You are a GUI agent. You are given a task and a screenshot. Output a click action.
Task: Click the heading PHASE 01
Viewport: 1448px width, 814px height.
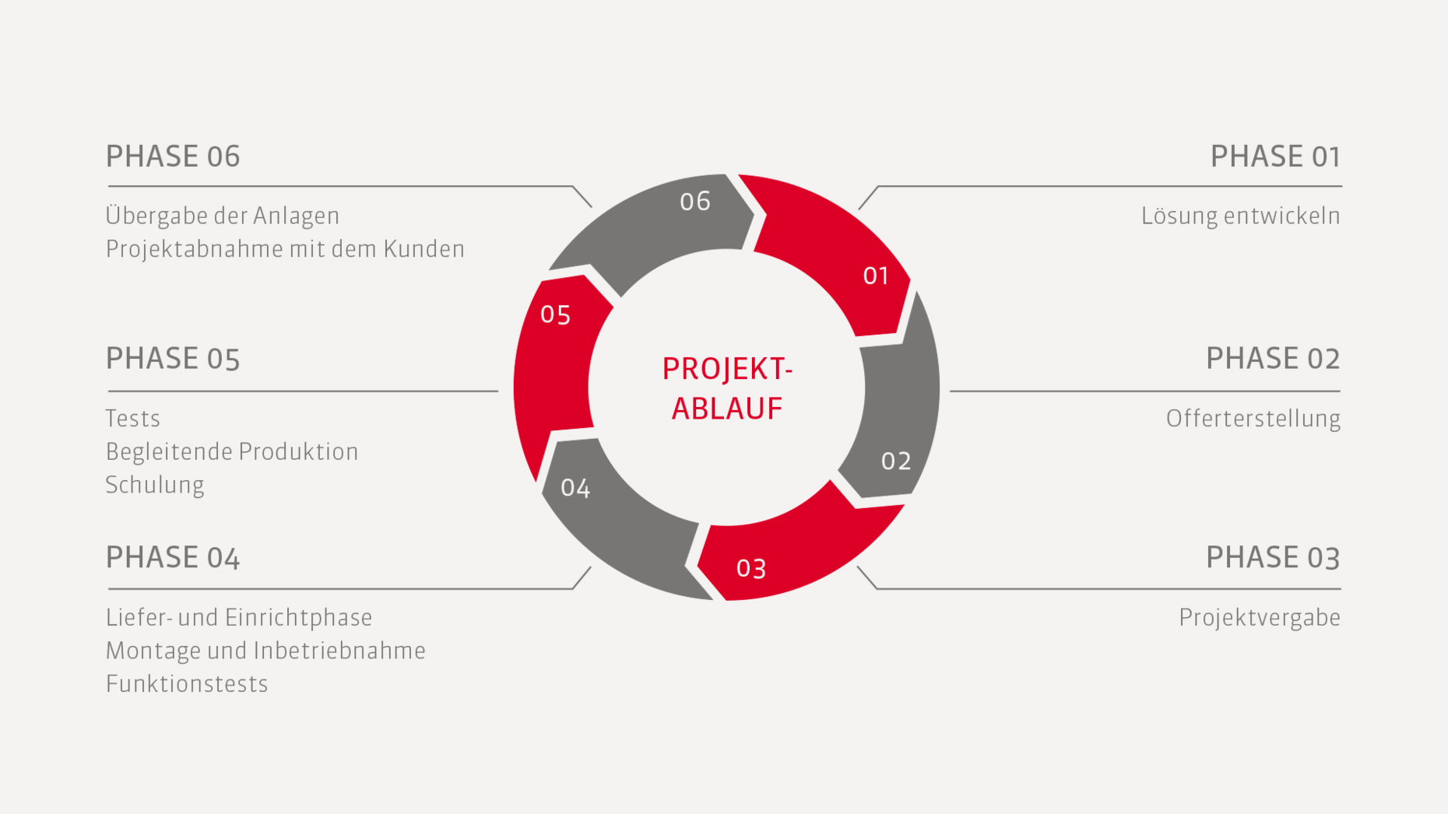click(x=1275, y=156)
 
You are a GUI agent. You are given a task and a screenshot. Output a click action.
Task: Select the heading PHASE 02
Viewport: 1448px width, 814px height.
click(x=1273, y=359)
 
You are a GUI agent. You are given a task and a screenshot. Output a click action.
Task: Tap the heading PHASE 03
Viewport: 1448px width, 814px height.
click(x=1273, y=558)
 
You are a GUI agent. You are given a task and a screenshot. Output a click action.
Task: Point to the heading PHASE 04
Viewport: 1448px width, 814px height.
click(x=173, y=558)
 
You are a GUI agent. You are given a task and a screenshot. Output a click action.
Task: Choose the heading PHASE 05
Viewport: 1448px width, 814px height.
click(x=173, y=359)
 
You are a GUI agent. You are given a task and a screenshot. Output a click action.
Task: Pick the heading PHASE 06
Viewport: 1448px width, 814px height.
click(x=173, y=156)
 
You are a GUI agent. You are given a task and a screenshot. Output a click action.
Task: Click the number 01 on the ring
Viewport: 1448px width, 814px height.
click(x=876, y=275)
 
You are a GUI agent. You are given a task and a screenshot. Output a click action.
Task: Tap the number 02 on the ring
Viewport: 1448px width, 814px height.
click(x=896, y=461)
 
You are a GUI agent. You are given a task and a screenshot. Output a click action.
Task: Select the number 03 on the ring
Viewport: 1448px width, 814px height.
click(x=751, y=569)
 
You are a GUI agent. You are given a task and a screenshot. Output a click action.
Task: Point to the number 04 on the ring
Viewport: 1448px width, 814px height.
click(x=575, y=488)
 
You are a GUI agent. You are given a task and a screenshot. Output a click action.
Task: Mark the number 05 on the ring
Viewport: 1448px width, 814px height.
click(x=556, y=314)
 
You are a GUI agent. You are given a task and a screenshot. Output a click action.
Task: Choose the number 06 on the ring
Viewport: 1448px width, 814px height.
click(x=695, y=202)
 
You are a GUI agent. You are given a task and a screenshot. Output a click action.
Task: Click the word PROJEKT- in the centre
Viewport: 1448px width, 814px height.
click(x=727, y=370)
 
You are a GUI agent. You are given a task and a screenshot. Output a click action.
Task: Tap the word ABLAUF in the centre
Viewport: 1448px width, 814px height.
click(x=727, y=409)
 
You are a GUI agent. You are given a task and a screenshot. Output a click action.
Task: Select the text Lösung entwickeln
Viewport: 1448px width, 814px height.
click(x=1241, y=216)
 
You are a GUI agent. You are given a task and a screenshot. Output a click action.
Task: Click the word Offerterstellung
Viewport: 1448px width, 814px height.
click(x=1253, y=419)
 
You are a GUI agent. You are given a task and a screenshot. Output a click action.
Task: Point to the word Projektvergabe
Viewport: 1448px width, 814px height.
click(x=1260, y=618)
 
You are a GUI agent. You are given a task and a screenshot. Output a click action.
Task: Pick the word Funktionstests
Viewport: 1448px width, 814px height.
click(x=187, y=684)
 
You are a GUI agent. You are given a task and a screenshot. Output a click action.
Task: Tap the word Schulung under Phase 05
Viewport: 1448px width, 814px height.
click(x=155, y=485)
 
